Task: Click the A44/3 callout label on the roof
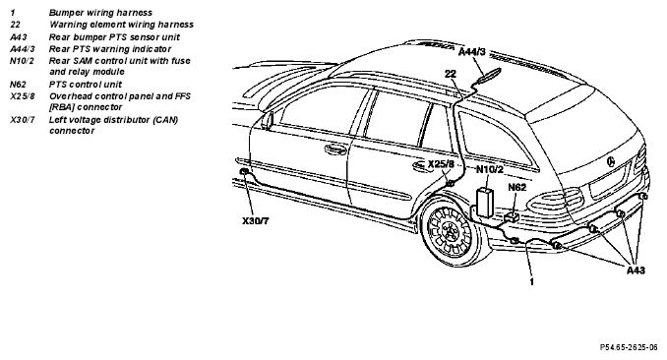[x=472, y=52]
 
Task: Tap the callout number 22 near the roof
[x=451, y=74]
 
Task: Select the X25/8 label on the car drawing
[x=441, y=164]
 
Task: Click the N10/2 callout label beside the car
[x=490, y=170]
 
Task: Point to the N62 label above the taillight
[x=517, y=187]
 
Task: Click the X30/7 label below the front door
[x=256, y=221]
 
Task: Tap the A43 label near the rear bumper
[x=636, y=270]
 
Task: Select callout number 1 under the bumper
[x=531, y=281]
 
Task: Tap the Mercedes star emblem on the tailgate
[x=611, y=161]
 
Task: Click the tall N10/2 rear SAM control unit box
[x=485, y=202]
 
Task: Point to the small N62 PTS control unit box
[x=512, y=217]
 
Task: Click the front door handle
[x=335, y=150]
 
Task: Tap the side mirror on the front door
[x=268, y=120]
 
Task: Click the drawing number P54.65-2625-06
[x=629, y=347]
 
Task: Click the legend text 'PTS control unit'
[x=86, y=85]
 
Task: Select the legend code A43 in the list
[x=19, y=37]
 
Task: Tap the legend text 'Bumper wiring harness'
[x=100, y=13]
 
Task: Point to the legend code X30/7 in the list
[x=23, y=120]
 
